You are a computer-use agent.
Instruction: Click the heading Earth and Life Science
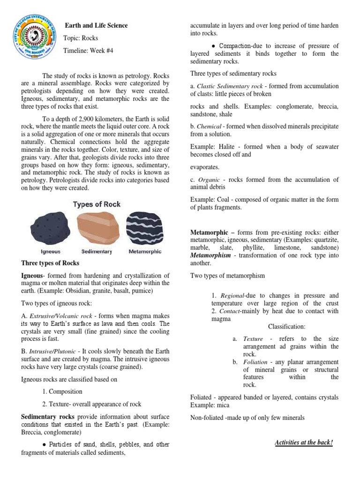[96, 25]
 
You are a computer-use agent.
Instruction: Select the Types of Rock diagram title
[97, 204]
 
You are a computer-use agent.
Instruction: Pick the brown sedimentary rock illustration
[96, 227]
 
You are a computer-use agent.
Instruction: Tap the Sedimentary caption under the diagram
[97, 251]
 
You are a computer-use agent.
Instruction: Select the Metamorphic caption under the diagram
[145, 251]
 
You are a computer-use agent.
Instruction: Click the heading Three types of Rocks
[51, 263]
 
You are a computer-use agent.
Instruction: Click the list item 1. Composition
[62, 391]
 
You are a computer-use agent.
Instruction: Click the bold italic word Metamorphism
[210, 255]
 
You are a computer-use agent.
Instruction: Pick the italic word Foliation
[256, 362]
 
